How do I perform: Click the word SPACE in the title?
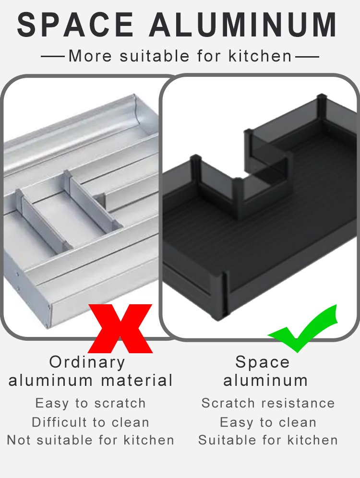tap(75, 25)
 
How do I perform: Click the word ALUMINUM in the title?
tap(243, 25)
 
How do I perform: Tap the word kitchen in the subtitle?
tap(260, 56)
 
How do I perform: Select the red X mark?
tap(120, 328)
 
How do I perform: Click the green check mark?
tap(303, 329)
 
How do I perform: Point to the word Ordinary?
tap(87, 363)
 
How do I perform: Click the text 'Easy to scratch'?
tap(91, 403)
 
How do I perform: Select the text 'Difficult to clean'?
tap(91, 422)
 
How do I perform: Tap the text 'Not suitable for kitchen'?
tap(91, 440)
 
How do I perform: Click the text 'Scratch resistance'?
tap(268, 403)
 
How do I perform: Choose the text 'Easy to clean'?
tap(268, 422)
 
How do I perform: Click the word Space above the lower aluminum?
tap(262, 363)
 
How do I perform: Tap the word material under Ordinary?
tap(137, 381)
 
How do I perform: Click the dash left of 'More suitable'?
tap(52, 57)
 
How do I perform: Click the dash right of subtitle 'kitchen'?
tap(307, 57)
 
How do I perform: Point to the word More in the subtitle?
tap(90, 56)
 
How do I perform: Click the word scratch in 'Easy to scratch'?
tap(120, 403)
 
